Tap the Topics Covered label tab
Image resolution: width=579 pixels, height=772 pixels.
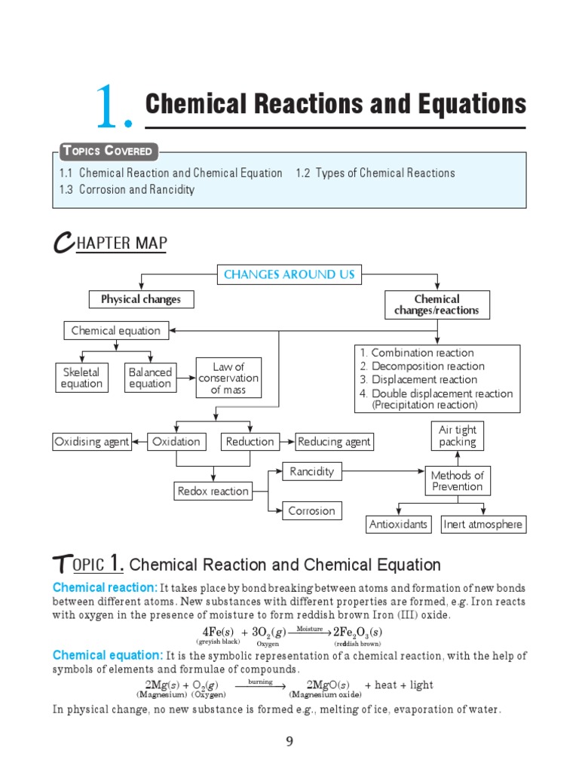[107, 152]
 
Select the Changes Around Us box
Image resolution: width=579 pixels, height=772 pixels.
[289, 274]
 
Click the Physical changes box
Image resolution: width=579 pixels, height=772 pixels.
[141, 299]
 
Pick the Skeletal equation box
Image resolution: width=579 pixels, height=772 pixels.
[81, 378]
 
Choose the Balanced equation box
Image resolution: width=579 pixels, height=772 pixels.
[150, 378]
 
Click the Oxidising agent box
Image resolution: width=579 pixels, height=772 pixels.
[92, 442]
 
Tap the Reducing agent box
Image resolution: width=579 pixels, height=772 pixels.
[335, 442]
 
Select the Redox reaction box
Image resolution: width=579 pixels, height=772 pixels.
[213, 492]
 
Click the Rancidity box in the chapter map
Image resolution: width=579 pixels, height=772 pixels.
[311, 472]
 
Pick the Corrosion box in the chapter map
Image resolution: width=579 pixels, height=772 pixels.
[311, 511]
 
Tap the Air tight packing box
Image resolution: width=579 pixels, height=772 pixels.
[458, 436]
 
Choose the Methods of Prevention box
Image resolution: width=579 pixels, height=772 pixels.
[458, 481]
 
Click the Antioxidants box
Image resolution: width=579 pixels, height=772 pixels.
[398, 525]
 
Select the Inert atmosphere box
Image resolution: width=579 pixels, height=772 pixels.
[483, 525]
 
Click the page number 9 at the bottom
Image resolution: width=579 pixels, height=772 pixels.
[289, 742]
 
